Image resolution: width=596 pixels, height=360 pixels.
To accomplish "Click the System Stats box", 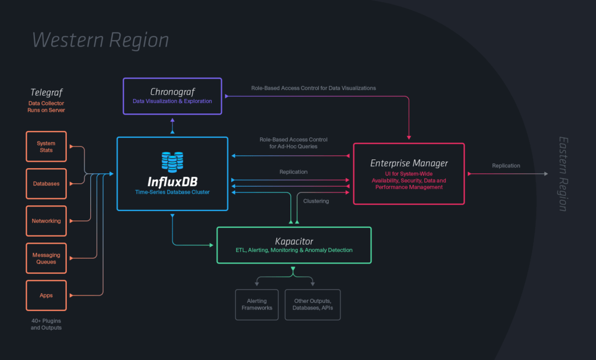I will [46, 147].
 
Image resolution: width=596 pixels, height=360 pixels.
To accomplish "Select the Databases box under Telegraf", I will [46, 184].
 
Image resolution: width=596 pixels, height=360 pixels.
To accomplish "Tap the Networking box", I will [46, 221].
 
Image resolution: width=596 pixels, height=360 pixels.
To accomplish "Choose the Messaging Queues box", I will [46, 258].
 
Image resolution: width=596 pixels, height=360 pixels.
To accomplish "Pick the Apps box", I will [46, 295].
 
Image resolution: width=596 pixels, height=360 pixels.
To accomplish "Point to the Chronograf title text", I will [172, 91].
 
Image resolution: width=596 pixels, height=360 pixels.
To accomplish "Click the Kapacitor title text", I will [294, 241].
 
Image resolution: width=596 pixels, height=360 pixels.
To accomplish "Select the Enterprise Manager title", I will [409, 163].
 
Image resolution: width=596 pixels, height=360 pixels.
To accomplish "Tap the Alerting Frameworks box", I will [257, 304].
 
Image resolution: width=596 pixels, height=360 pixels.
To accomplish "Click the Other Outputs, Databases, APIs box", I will [313, 304].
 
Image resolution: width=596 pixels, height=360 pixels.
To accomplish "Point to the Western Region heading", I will [101, 40].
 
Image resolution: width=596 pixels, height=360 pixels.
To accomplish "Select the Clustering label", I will [316, 201].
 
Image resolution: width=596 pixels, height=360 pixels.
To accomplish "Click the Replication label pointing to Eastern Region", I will [506, 166].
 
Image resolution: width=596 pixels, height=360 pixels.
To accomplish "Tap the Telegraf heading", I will [46, 92].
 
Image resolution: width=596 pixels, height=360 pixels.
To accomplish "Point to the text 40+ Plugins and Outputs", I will [46, 324].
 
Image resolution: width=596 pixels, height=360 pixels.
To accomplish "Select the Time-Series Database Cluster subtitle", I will [172, 191].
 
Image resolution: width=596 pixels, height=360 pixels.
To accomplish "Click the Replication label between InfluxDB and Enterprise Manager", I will [293, 172].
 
